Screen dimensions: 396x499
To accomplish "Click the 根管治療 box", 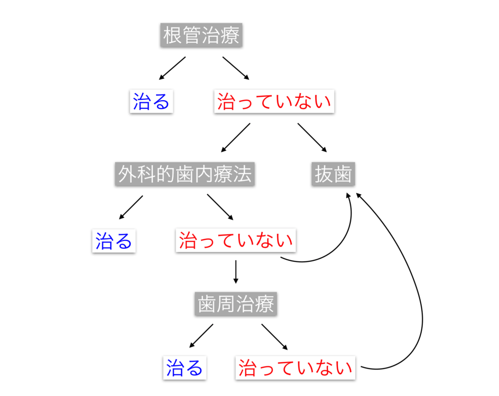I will tap(201, 36).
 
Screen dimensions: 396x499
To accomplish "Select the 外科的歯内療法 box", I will tap(185, 174).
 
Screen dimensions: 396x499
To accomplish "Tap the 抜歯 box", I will tap(333, 174).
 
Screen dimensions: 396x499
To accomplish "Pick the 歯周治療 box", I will tap(236, 304).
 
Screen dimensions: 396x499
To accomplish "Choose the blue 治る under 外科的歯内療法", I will tap(114, 240).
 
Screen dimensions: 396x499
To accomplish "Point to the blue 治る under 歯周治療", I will tap(185, 368).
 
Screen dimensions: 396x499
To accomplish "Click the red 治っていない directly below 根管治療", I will tap(274, 102).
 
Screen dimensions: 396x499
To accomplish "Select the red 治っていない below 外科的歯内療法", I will tap(236, 240).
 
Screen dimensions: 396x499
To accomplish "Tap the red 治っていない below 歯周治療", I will tap(295, 368).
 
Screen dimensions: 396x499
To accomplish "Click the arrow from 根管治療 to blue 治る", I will tap(172, 68).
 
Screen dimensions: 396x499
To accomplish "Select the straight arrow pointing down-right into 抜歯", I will tap(312, 137).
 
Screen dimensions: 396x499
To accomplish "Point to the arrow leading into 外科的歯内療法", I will tap(235, 137).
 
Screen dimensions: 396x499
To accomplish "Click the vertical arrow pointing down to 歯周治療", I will tap(236, 272).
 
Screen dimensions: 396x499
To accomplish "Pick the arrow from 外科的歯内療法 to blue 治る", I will tap(131, 207).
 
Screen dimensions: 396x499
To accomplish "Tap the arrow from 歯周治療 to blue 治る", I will tap(201, 335).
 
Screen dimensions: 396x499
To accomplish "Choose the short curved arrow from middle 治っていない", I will tap(339, 244).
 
